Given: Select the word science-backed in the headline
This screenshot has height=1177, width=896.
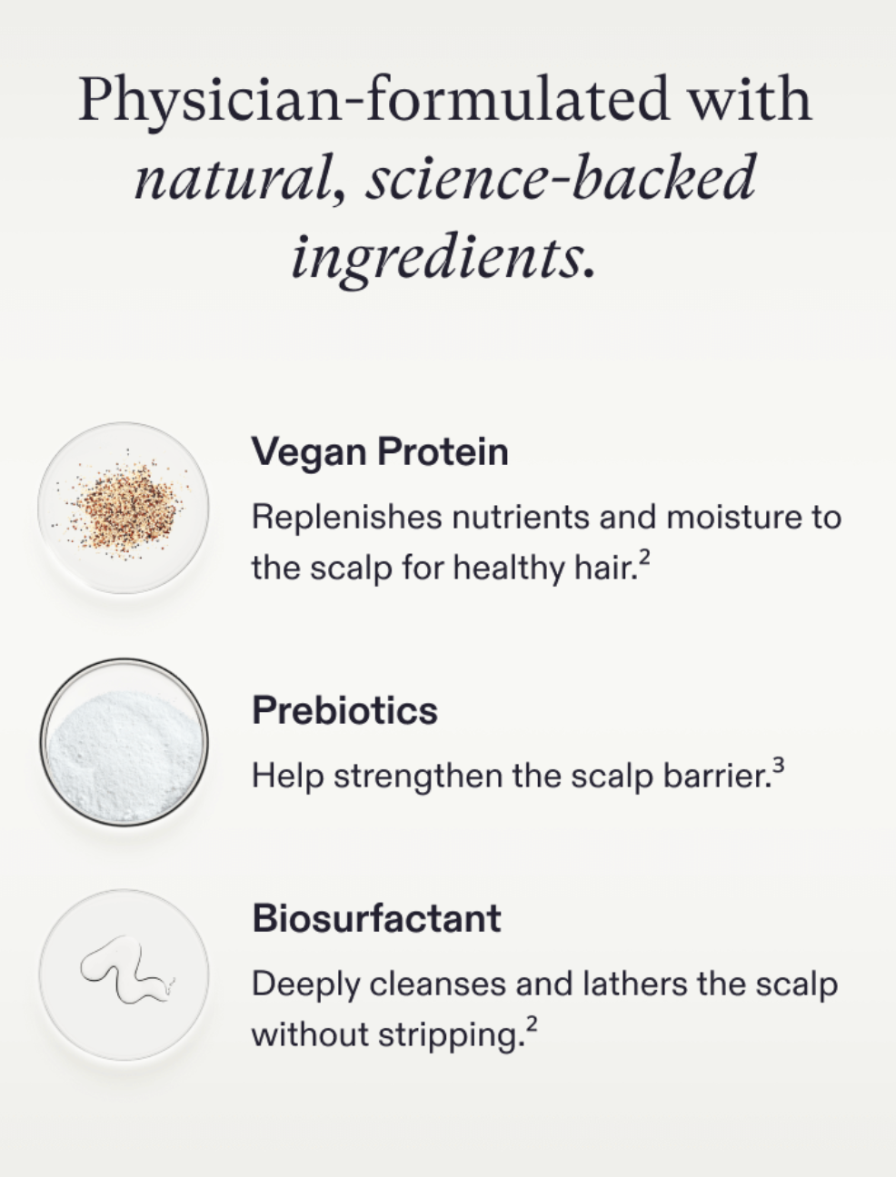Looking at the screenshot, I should tap(561, 179).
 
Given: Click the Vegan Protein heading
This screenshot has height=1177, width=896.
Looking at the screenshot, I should tap(379, 451).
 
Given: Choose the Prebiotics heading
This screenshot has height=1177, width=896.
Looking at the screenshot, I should tap(344, 710).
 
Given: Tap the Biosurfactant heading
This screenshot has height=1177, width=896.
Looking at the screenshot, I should tap(376, 918).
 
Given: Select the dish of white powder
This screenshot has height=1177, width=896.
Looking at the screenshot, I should tap(124, 743).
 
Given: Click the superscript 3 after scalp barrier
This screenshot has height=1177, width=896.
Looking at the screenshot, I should tap(778, 767).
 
